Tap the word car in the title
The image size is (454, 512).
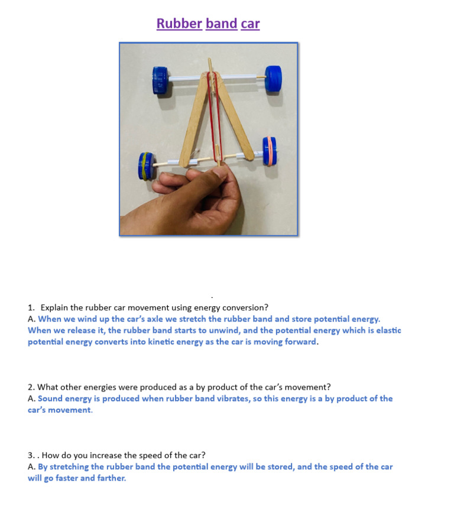250,24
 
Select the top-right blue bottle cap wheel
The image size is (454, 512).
273,77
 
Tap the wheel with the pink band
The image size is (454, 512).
270,151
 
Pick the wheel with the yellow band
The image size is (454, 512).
145,166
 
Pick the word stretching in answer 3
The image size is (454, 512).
69,466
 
